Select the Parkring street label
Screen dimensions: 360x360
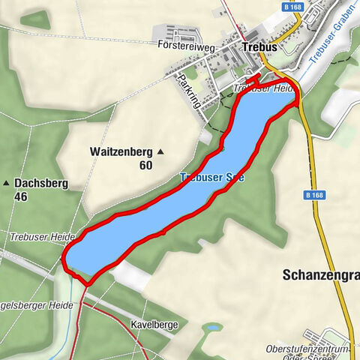(189, 90)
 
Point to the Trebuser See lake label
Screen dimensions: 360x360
(211, 178)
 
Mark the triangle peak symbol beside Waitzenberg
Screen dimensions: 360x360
(160, 152)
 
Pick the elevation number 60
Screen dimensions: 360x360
(145, 165)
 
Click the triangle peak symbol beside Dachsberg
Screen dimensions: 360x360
(6, 183)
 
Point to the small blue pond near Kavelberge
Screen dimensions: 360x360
(213, 328)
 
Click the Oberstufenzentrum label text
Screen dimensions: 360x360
(308, 349)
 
